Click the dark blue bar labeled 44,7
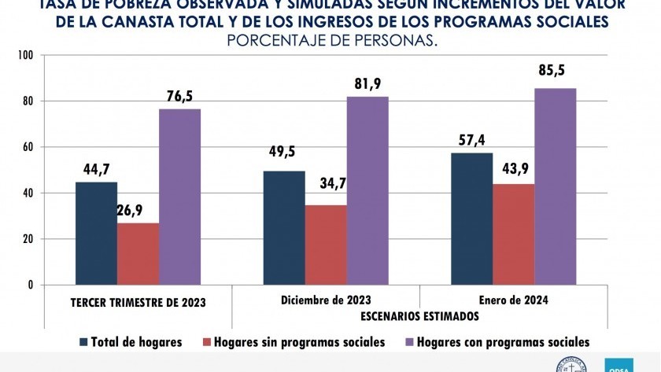coord(96,234)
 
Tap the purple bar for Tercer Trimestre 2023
coord(179,197)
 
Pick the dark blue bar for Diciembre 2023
coord(284,228)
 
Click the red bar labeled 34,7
coord(326,245)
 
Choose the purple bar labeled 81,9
coord(367,190)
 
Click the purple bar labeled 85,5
coord(555,186)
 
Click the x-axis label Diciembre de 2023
coord(325,300)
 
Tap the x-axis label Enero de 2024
coord(513,300)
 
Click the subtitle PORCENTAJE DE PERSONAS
coord(331,40)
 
